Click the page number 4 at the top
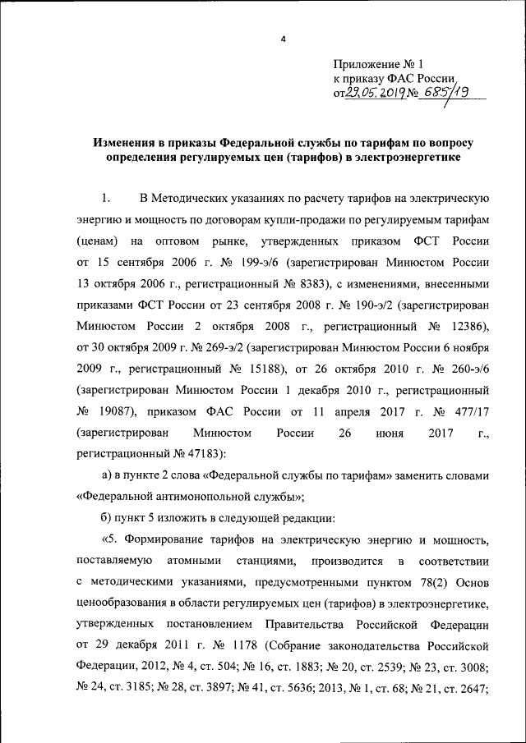[x=282, y=39]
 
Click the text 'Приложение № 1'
[x=377, y=63]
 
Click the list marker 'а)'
[x=108, y=475]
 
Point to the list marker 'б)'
[x=108, y=518]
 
